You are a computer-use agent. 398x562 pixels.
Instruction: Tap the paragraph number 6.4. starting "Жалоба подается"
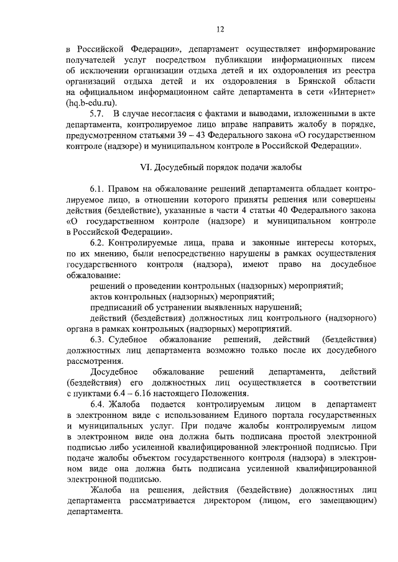pyautogui.click(x=98, y=404)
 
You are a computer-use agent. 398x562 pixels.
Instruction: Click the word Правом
pyautogui.click(x=123, y=188)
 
